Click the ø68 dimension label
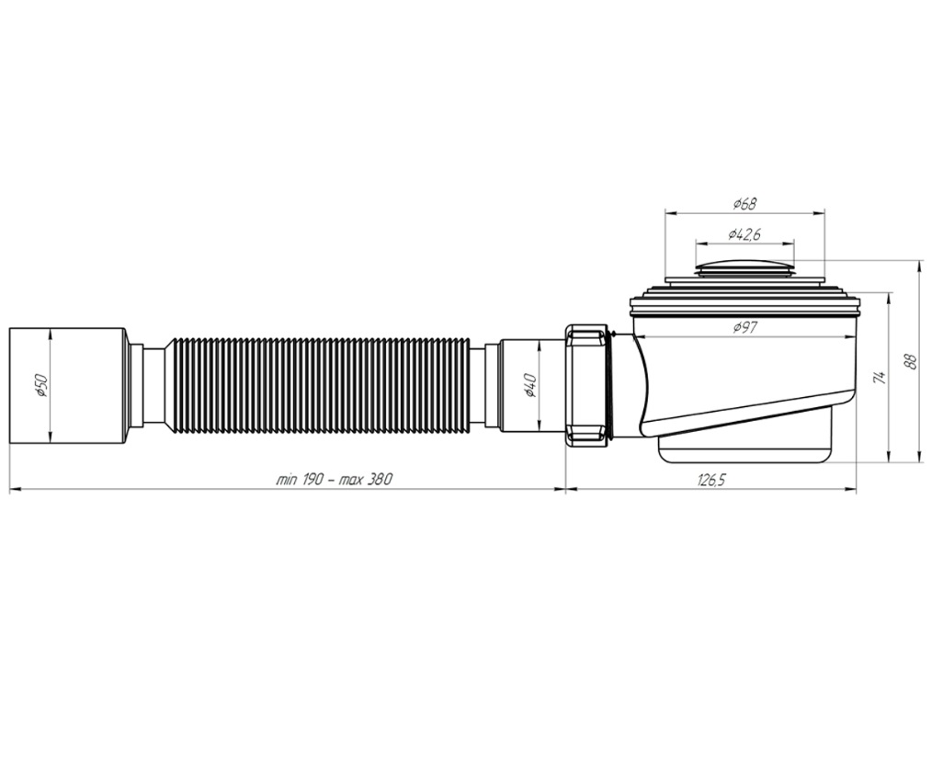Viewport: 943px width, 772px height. [744, 204]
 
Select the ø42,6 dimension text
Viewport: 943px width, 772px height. [744, 234]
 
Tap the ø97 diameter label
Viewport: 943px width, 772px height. [744, 327]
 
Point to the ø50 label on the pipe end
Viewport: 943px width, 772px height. [40, 385]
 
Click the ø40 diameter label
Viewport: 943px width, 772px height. [529, 385]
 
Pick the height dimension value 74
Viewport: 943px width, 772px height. [880, 378]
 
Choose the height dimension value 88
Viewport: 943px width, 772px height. [911, 361]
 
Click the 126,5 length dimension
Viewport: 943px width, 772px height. [711, 480]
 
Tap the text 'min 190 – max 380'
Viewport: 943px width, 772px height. [335, 480]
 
